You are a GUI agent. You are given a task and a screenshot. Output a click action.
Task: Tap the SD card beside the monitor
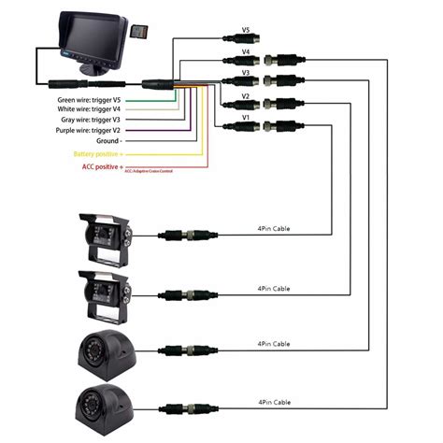tap(141, 33)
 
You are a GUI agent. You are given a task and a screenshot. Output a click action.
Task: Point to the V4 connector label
tap(245, 52)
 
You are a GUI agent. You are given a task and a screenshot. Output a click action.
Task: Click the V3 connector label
tap(245, 73)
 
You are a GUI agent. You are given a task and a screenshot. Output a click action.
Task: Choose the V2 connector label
tap(245, 95)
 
